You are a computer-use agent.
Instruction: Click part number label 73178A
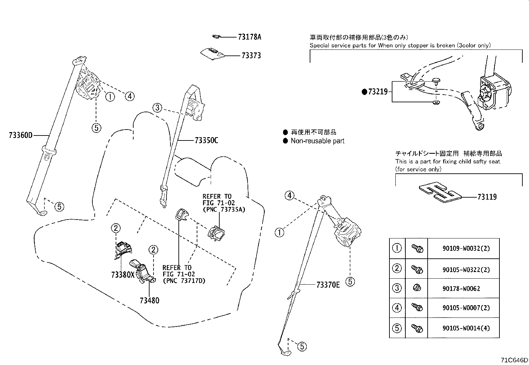coord(249,37)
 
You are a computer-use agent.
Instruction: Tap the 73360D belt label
coord(21,135)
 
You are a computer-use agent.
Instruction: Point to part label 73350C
coord(206,140)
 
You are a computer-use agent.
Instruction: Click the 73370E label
coord(328,285)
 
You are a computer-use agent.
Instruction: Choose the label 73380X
coord(123,275)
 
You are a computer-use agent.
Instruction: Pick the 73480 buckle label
coord(149,301)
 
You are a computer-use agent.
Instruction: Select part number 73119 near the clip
coord(487,197)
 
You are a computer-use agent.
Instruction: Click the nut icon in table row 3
coord(417,288)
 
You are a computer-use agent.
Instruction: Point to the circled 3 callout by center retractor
coord(158,108)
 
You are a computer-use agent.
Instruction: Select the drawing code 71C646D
coord(514,360)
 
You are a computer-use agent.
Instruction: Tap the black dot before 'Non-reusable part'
coord(285,141)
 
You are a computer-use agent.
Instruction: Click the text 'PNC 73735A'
coord(224,209)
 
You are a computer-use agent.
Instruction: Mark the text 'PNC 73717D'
coord(184,281)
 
